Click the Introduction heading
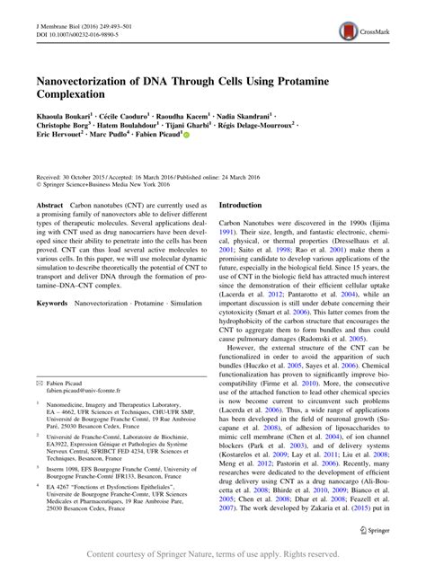(x=246, y=205)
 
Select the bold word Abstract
(x=49, y=206)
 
